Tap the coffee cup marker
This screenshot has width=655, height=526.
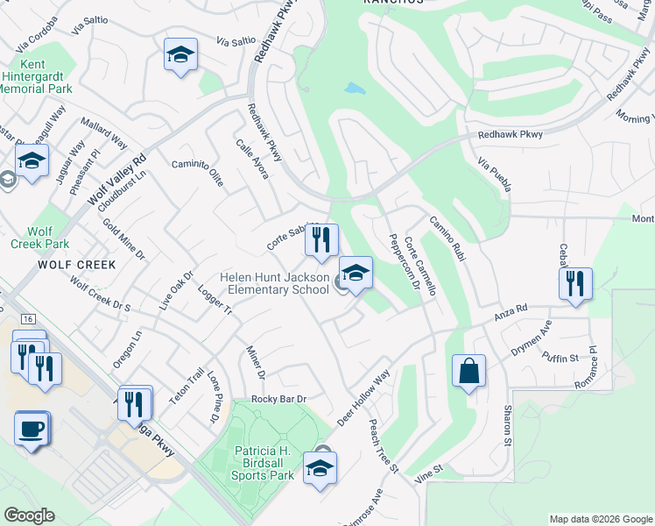32,430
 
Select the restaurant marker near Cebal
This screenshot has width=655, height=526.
575,284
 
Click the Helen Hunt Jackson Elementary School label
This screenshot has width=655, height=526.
274,283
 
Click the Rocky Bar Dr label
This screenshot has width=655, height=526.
278,399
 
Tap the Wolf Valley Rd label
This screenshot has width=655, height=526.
116,181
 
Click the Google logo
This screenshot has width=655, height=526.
29,515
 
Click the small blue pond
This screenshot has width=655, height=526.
355,89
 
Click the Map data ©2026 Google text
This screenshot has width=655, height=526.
600,519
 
